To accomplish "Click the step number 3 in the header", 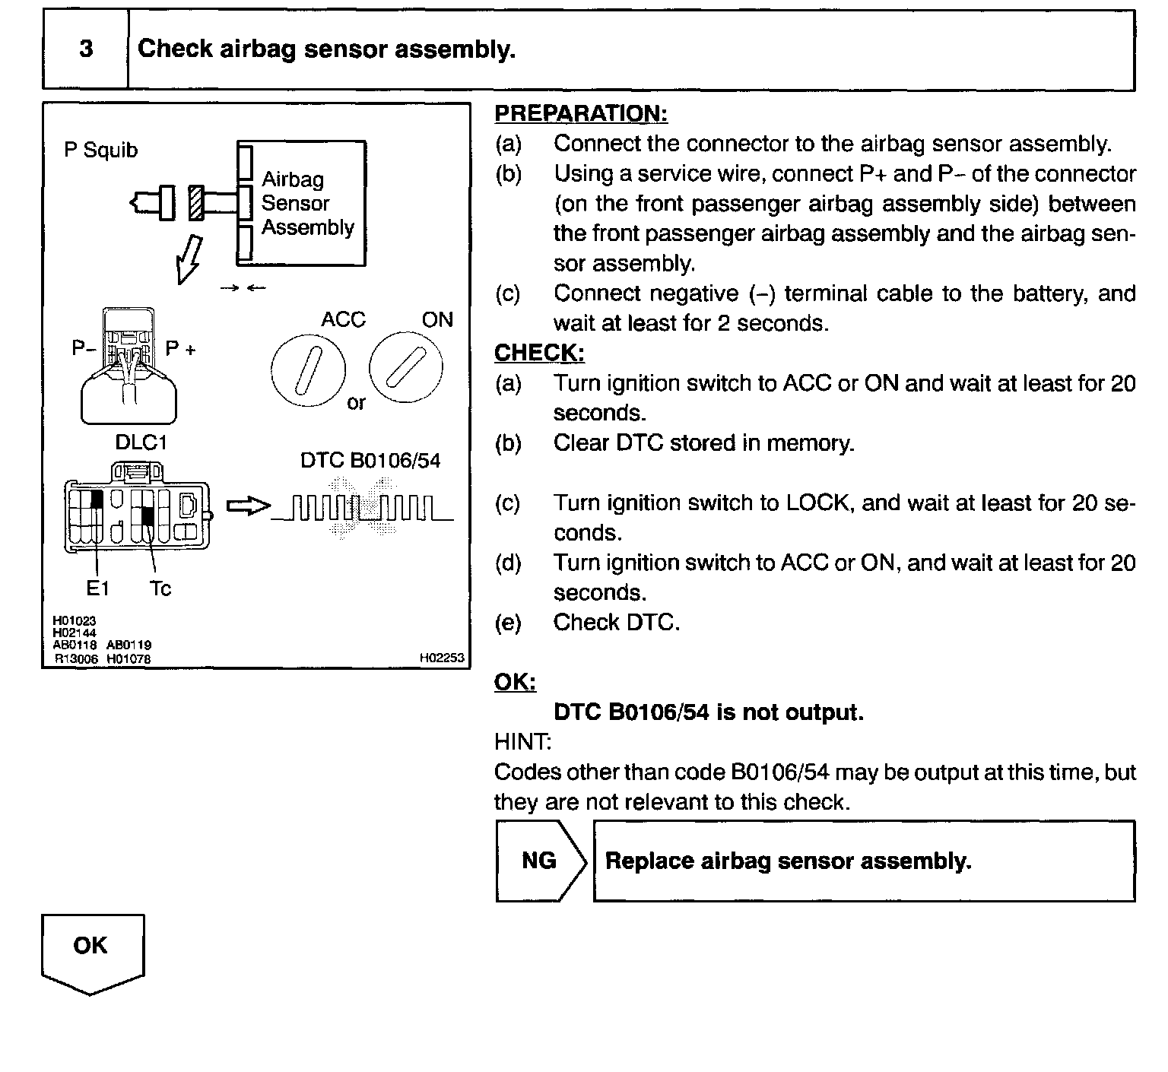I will click(x=86, y=49).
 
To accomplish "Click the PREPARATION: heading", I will click(x=580, y=113).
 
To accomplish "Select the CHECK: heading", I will click(x=539, y=353).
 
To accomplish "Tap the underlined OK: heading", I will click(x=515, y=682).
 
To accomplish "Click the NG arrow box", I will click(x=540, y=861).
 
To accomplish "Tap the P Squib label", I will click(x=101, y=150).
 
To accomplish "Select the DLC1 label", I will click(x=141, y=442).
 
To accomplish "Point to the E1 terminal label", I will click(x=97, y=588).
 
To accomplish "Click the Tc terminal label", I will click(x=160, y=588).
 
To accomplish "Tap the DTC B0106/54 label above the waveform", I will click(x=370, y=461).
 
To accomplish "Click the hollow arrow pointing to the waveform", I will click(x=248, y=506).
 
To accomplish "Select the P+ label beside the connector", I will click(x=181, y=349).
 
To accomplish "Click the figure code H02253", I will click(x=442, y=658).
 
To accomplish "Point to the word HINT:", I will click(x=522, y=741).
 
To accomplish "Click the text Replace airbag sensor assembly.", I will click(x=788, y=861).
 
